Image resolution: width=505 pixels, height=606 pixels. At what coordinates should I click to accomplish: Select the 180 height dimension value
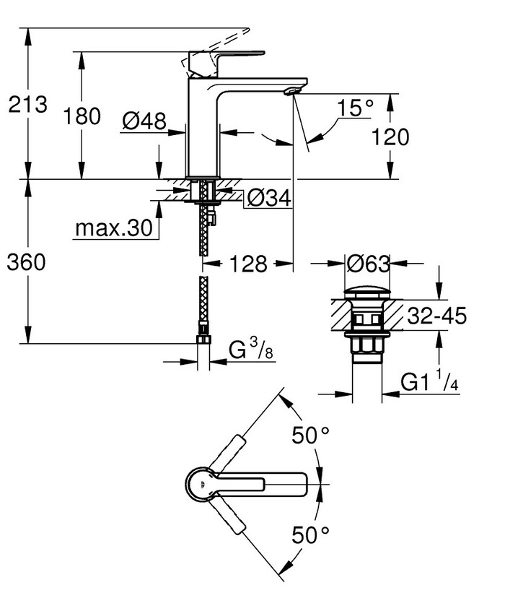click(82, 115)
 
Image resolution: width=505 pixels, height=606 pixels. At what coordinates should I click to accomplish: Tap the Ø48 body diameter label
click(144, 122)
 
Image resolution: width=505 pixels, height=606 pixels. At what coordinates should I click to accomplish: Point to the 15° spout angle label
click(356, 108)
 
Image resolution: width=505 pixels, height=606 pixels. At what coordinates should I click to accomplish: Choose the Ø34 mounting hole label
click(268, 197)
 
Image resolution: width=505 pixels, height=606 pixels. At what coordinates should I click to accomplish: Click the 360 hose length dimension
click(27, 262)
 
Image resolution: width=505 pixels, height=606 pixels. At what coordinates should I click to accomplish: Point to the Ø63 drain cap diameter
click(368, 264)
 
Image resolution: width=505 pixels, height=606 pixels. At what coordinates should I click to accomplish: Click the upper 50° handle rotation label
click(310, 436)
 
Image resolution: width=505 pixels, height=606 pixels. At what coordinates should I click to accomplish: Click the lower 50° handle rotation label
click(310, 534)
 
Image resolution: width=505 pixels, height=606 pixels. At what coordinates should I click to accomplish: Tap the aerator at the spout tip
click(291, 90)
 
